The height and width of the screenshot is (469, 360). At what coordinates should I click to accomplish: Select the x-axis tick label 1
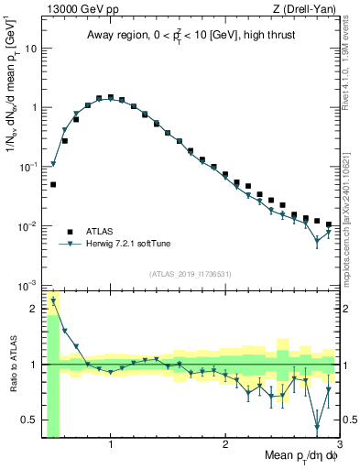click(x=111, y=443)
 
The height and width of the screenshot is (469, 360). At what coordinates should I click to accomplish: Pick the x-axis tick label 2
click(x=225, y=443)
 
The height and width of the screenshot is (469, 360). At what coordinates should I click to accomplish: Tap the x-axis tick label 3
click(x=338, y=443)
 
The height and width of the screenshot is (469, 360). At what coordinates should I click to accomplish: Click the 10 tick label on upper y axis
click(x=31, y=48)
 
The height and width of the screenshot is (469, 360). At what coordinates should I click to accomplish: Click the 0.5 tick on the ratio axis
click(x=30, y=420)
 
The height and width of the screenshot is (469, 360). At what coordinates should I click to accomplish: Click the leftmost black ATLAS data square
click(x=53, y=184)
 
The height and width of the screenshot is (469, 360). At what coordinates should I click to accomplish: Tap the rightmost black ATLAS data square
click(x=329, y=224)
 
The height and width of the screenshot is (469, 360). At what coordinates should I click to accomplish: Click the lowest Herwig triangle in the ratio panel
click(x=317, y=426)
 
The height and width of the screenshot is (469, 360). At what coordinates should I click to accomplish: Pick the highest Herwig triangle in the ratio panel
click(x=53, y=300)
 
